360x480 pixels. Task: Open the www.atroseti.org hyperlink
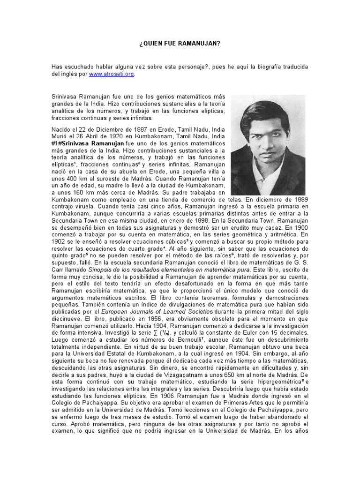(114, 74)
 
